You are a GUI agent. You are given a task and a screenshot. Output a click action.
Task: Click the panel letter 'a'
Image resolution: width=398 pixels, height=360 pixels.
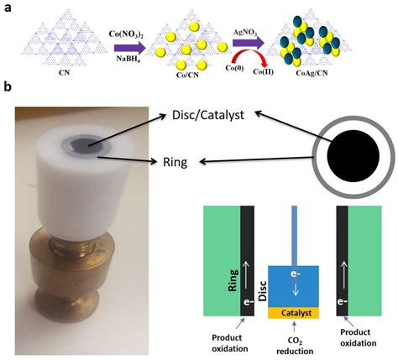click(7, 7)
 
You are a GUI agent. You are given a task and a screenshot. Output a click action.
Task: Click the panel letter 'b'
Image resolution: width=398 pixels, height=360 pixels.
click(8, 87)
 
